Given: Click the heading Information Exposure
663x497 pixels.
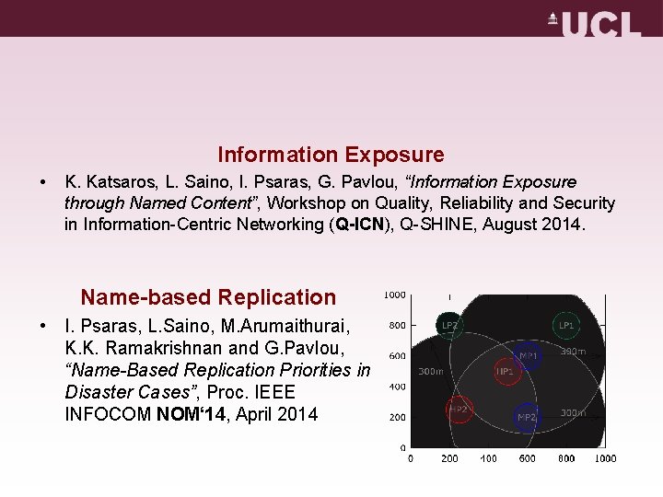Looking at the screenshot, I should coord(331,155).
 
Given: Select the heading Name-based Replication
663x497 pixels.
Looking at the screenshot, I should coord(208,297).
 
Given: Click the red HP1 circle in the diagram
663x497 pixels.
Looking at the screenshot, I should coord(505,371).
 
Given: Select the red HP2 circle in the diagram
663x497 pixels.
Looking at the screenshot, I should coord(459,410).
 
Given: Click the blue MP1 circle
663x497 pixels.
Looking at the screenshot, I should coord(529,355).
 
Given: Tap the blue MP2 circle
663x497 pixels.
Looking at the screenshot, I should coord(526,416).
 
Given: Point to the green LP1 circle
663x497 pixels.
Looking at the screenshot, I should coord(565,325).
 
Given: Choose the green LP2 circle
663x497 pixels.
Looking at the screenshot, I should coord(449,325).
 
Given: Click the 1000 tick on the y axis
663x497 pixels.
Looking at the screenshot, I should coord(394,295).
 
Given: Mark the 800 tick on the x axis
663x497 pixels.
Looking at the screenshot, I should coord(566,458).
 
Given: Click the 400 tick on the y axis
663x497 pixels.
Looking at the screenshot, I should coord(397,387).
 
